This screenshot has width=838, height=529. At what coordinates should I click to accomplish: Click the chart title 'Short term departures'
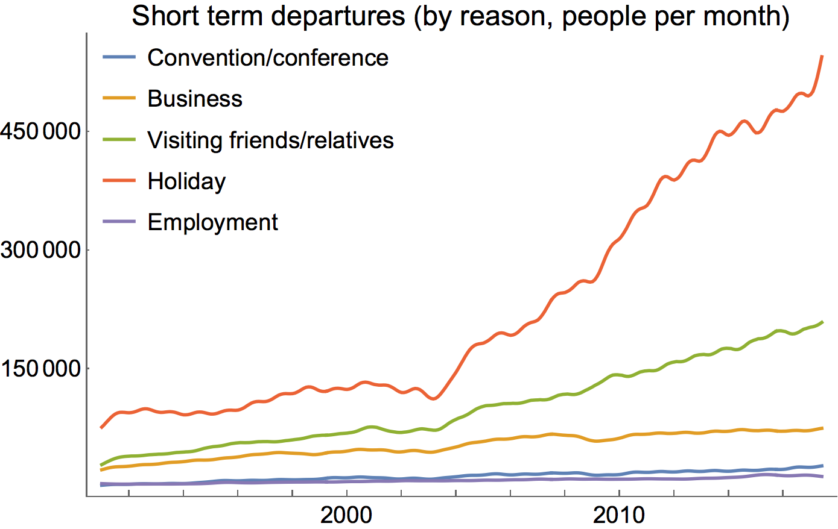pos(268,16)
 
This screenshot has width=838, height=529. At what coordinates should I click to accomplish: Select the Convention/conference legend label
pos(268,58)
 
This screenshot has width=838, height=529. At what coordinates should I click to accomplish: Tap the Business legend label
pos(195,99)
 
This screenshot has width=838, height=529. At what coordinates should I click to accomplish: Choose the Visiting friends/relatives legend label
pos(270,140)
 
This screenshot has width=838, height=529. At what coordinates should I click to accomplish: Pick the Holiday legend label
pos(186,181)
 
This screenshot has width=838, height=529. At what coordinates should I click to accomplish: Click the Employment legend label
pos(212,222)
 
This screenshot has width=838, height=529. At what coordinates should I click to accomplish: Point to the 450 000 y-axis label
pos(40,131)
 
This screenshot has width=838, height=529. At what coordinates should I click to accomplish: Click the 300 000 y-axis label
pos(40,250)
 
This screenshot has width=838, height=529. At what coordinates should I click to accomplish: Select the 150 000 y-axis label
pos(40,368)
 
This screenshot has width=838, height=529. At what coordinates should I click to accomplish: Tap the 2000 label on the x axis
pos(346,516)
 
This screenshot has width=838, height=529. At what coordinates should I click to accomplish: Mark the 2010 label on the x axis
pos(619,516)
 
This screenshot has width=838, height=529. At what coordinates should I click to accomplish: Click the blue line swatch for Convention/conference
pos(119,58)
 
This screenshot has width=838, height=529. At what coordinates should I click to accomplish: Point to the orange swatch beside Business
pos(119,99)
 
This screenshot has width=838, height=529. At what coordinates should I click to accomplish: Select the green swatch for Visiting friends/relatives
pos(119,140)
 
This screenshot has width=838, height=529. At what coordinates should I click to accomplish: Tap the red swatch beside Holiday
pos(119,181)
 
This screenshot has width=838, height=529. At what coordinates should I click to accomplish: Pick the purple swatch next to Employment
pos(119,222)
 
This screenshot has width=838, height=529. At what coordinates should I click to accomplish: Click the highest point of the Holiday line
pos(822,56)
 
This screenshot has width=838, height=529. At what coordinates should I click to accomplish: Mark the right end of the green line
pos(822,322)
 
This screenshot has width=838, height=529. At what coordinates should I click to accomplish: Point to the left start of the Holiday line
pos(101,428)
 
